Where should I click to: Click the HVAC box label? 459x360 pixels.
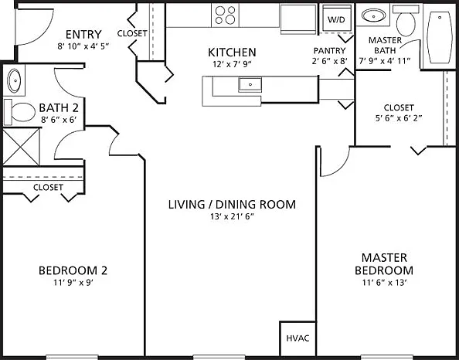[x=297, y=338]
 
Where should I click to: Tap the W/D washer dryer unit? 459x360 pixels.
[x=337, y=18]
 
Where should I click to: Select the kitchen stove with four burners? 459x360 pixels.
[x=225, y=15]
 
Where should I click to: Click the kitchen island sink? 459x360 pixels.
[x=250, y=84]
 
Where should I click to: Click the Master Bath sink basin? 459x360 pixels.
[x=373, y=15]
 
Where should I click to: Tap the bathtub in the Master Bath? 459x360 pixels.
[x=440, y=37]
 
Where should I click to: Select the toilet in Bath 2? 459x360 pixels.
[x=20, y=112]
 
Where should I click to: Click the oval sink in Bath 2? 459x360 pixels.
[x=14, y=80]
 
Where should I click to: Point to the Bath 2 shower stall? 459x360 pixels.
[x=21, y=147]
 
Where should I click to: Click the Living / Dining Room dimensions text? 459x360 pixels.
[x=232, y=216]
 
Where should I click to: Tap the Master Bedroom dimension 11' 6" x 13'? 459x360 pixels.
[x=385, y=283]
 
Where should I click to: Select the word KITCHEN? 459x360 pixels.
[x=232, y=53]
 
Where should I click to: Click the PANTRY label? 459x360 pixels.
[x=330, y=51]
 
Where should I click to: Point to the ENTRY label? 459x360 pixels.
[x=83, y=35]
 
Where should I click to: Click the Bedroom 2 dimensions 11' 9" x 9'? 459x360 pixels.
[x=73, y=283]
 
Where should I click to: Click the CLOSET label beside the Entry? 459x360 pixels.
[x=132, y=33]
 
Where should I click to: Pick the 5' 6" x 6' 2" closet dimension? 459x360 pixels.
[x=399, y=118]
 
